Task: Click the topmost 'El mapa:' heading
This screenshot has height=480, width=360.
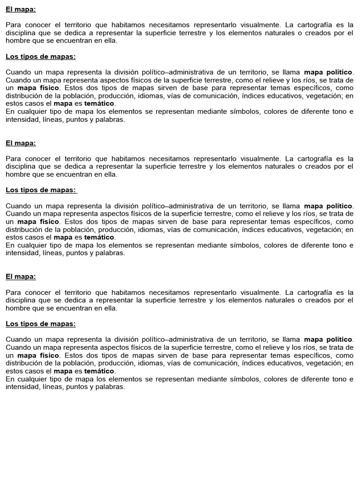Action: pyautogui.click(x=21, y=9)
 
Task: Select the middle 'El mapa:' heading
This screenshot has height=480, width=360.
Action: pyautogui.click(x=21, y=143)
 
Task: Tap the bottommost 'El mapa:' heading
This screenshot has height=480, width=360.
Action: pyautogui.click(x=21, y=277)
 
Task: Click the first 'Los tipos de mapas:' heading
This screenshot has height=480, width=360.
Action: pyautogui.click(x=40, y=57)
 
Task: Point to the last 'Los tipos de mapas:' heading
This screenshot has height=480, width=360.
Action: pyautogui.click(x=40, y=324)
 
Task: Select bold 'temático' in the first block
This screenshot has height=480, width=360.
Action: pyautogui.click(x=99, y=104)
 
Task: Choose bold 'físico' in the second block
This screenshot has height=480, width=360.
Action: pyautogui.click(x=50, y=221)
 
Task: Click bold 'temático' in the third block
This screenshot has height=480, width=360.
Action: pyautogui.click(x=99, y=371)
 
